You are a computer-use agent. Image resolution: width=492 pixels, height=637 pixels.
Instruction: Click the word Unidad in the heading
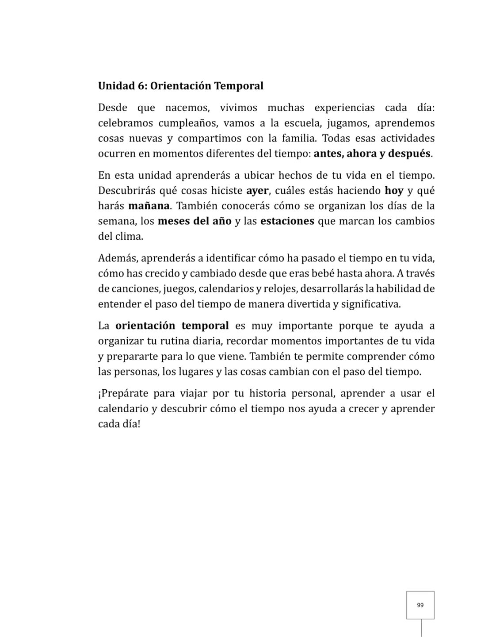pos(113,86)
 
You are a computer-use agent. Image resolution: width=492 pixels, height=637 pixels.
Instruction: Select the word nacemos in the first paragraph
pos(186,108)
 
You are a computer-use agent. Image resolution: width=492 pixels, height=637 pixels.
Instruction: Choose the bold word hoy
pos(394,191)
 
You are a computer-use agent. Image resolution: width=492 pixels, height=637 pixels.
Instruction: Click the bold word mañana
pos(149,206)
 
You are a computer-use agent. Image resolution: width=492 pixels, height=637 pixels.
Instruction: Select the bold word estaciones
pos(287,221)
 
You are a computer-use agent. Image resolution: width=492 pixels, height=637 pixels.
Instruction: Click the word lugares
pos(196,372)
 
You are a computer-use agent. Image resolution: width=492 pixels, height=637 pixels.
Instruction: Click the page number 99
pos(420,605)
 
